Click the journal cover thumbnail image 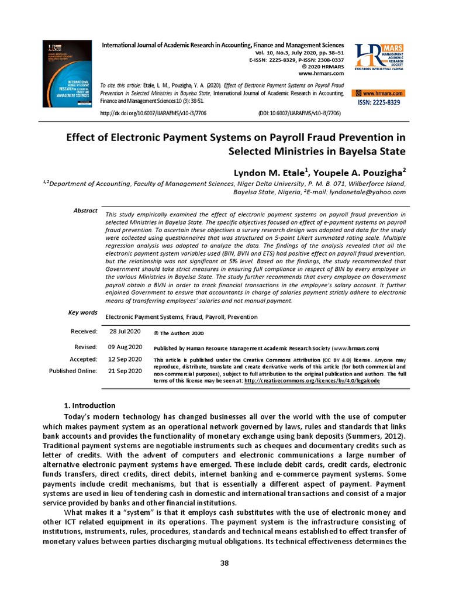click(67, 73)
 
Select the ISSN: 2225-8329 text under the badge click(379, 103)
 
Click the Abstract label click(85, 210)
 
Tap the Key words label click(83, 313)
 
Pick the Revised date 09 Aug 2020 click(125, 347)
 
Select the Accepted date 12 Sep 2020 click(125, 359)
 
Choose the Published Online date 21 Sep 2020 click(125, 370)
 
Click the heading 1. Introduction click(89, 405)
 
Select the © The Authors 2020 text click(178, 333)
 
